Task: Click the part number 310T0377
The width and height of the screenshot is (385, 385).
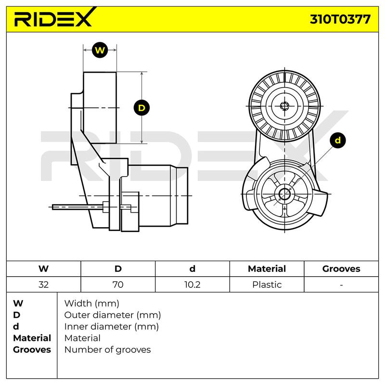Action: [x=340, y=19]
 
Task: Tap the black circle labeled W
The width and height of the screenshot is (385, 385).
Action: [x=100, y=50]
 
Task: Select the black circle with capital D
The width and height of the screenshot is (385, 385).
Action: [x=141, y=108]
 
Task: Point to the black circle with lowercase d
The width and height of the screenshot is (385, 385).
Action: [x=338, y=140]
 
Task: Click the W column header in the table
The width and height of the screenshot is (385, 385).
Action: [x=43, y=269]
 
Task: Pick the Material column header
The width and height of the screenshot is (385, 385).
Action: [x=267, y=269]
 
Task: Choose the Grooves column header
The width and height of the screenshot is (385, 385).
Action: [x=341, y=269]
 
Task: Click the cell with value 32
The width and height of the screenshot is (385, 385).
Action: [x=43, y=284]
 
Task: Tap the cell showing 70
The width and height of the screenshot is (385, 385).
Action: [x=118, y=284]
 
